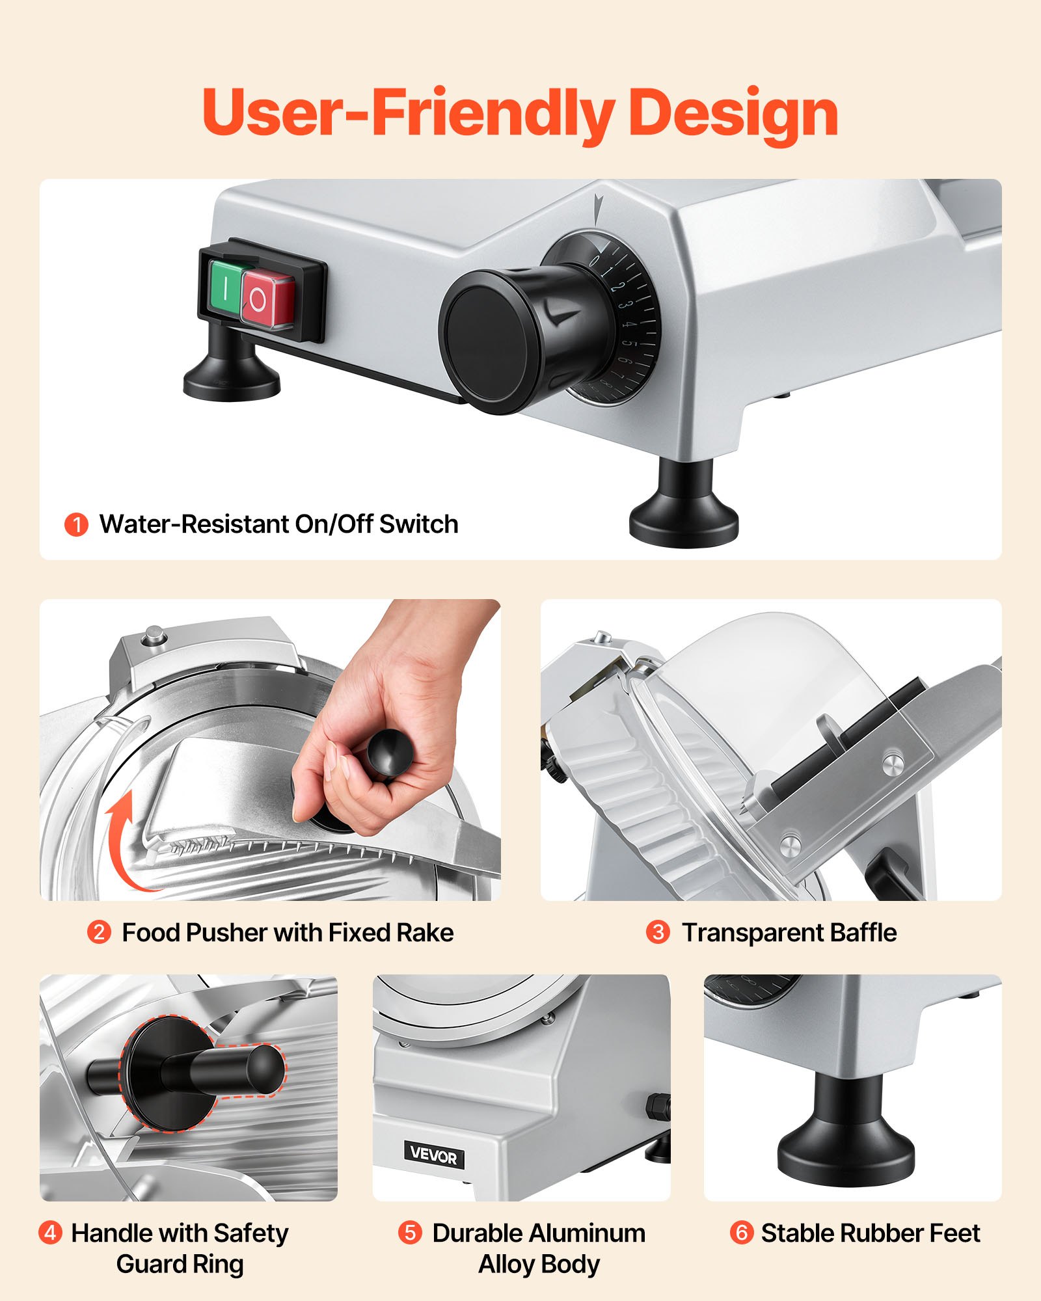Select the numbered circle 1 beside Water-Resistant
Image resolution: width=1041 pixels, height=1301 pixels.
[76, 524]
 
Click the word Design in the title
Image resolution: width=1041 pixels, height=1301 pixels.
[733, 113]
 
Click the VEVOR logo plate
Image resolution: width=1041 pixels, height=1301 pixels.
[434, 1155]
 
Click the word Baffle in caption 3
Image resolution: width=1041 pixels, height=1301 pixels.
[863, 933]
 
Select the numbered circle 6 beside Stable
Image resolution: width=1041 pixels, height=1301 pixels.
[741, 1232]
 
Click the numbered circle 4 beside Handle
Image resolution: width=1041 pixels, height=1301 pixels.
[51, 1232]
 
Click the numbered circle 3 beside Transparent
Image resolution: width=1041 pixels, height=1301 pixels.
[658, 932]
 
